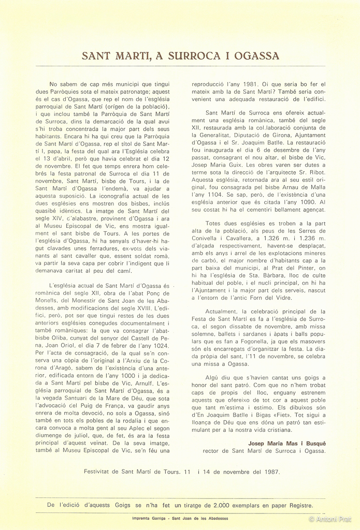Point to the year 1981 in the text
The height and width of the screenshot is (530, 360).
(247, 83)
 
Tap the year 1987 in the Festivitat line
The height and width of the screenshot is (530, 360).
(269, 472)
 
